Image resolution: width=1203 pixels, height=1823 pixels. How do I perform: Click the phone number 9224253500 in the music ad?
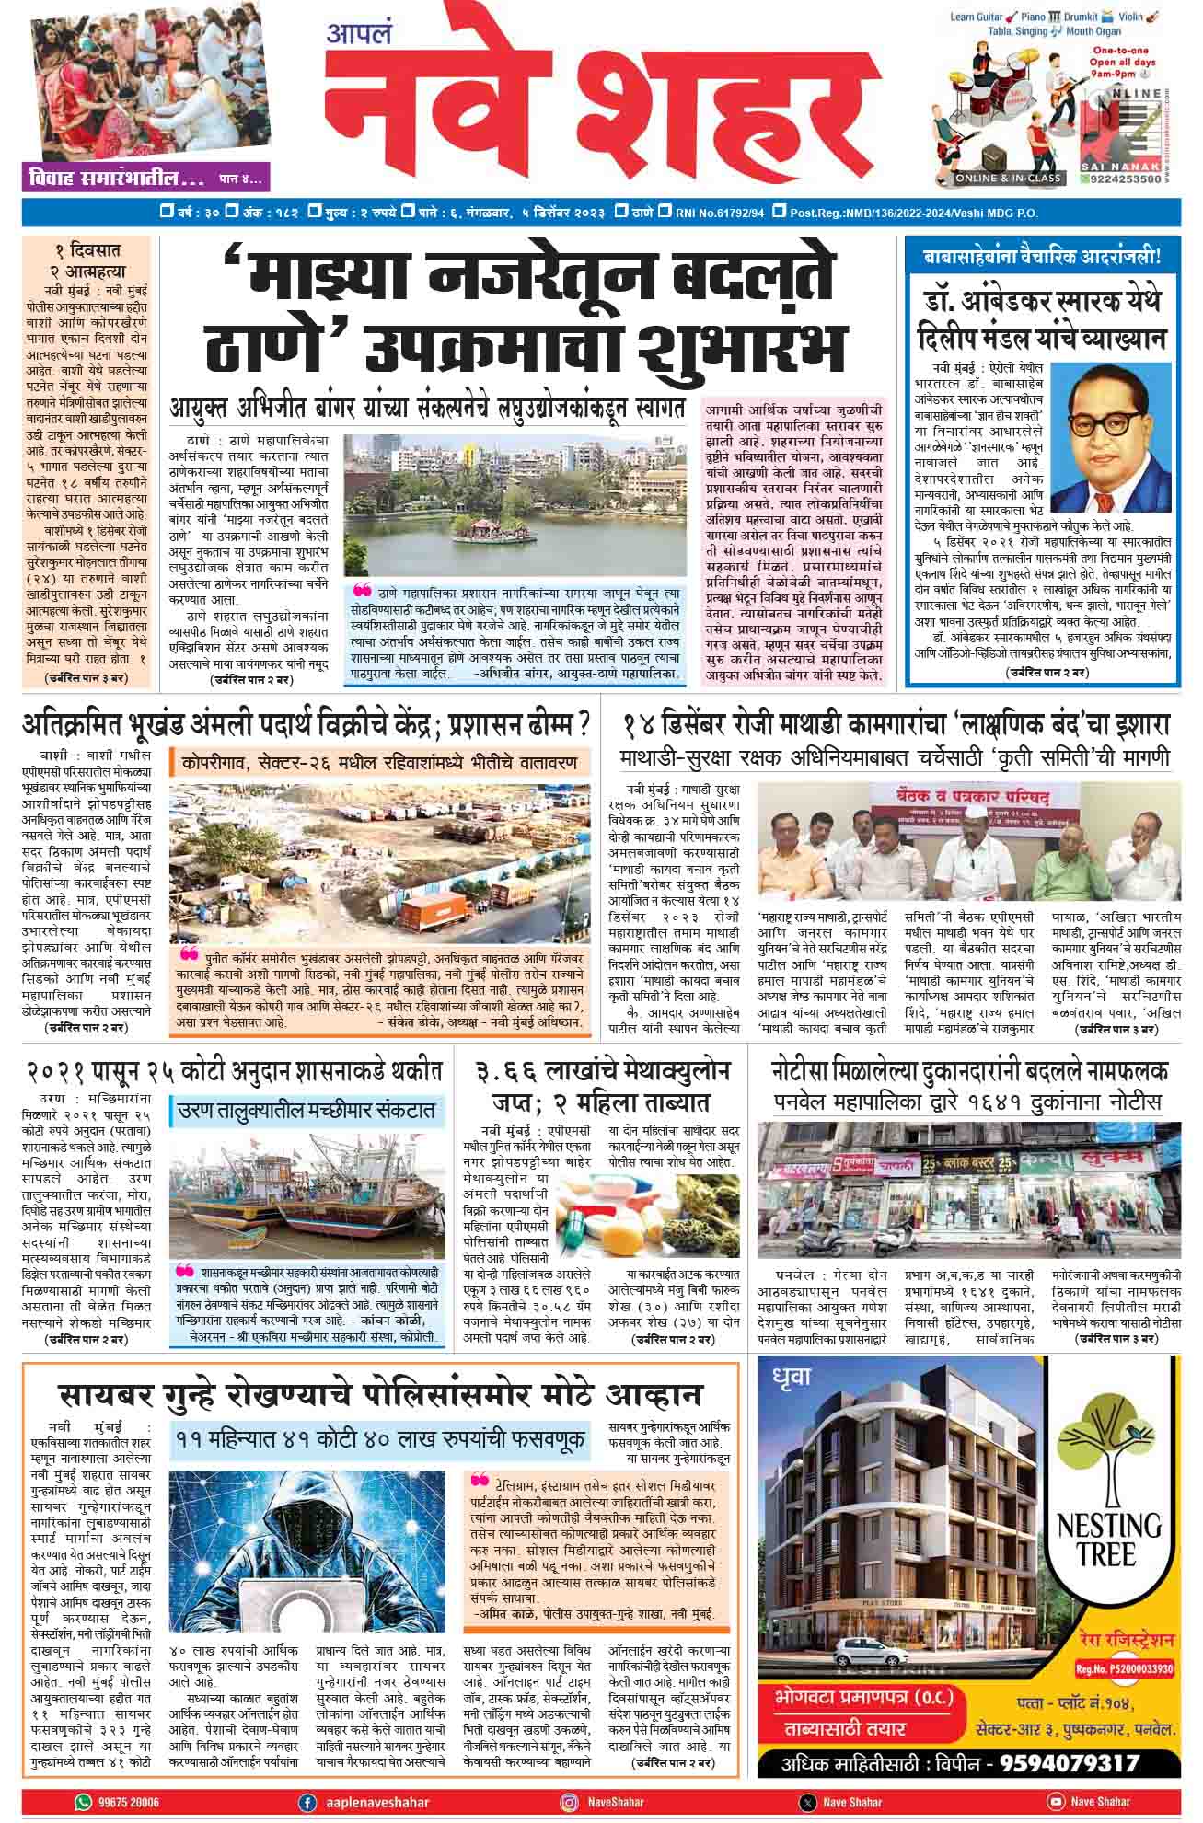[x=1135, y=180]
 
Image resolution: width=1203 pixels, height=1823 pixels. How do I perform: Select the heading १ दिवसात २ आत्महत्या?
[x=86, y=260]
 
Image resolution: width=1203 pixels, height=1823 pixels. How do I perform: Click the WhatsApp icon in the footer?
[x=84, y=1802]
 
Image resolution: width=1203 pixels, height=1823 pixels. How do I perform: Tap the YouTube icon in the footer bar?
[x=1056, y=1802]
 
